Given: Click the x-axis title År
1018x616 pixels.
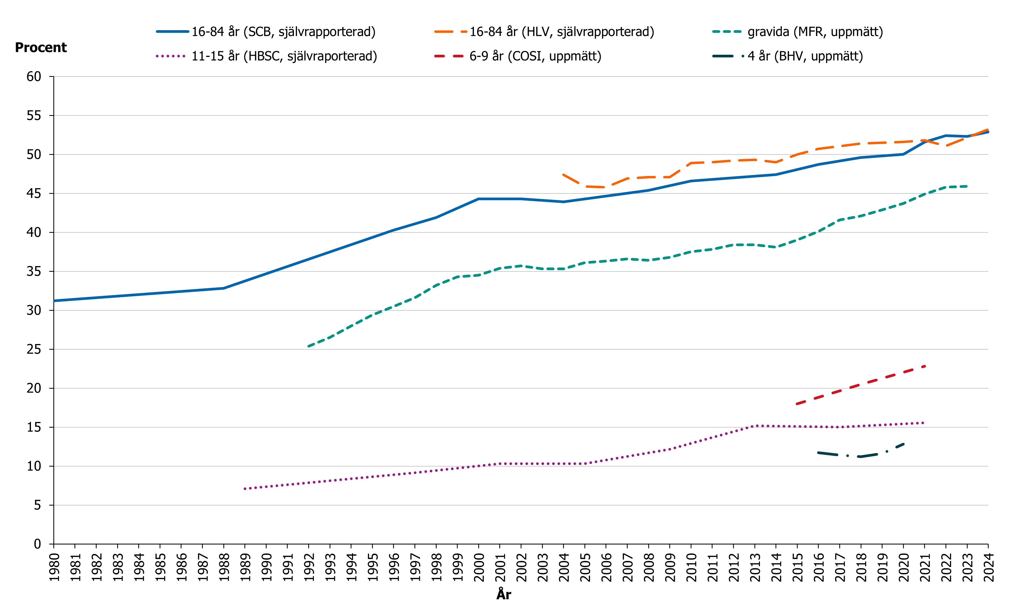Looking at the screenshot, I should tap(504, 595).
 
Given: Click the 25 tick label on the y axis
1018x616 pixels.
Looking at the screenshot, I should tap(34, 350).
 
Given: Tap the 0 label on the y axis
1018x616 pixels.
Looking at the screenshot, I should tap(37, 544).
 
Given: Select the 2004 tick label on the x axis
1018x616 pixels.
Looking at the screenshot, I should tap(564, 568).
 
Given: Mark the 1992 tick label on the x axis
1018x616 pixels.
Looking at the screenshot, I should tap(309, 568).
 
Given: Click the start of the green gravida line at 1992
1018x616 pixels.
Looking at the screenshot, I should tap(309, 346).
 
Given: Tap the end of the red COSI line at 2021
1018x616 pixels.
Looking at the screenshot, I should tap(924, 366).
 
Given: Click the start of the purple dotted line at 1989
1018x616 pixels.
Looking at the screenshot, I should tap(245, 489).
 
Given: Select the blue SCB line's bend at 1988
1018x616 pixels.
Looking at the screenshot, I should tap(224, 288).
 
